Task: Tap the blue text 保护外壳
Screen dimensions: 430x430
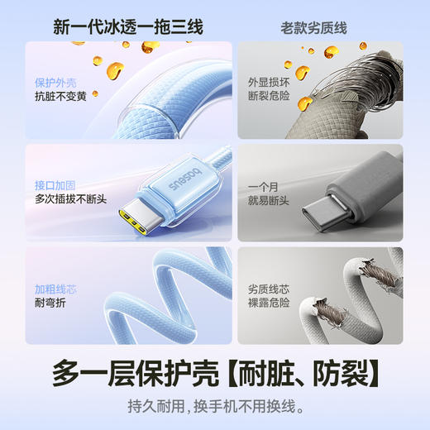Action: (x=56, y=83)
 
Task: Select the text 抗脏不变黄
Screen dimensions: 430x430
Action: (x=61, y=97)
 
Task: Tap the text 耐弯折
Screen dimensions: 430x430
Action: (x=50, y=303)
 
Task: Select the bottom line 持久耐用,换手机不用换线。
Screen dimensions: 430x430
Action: (x=215, y=406)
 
